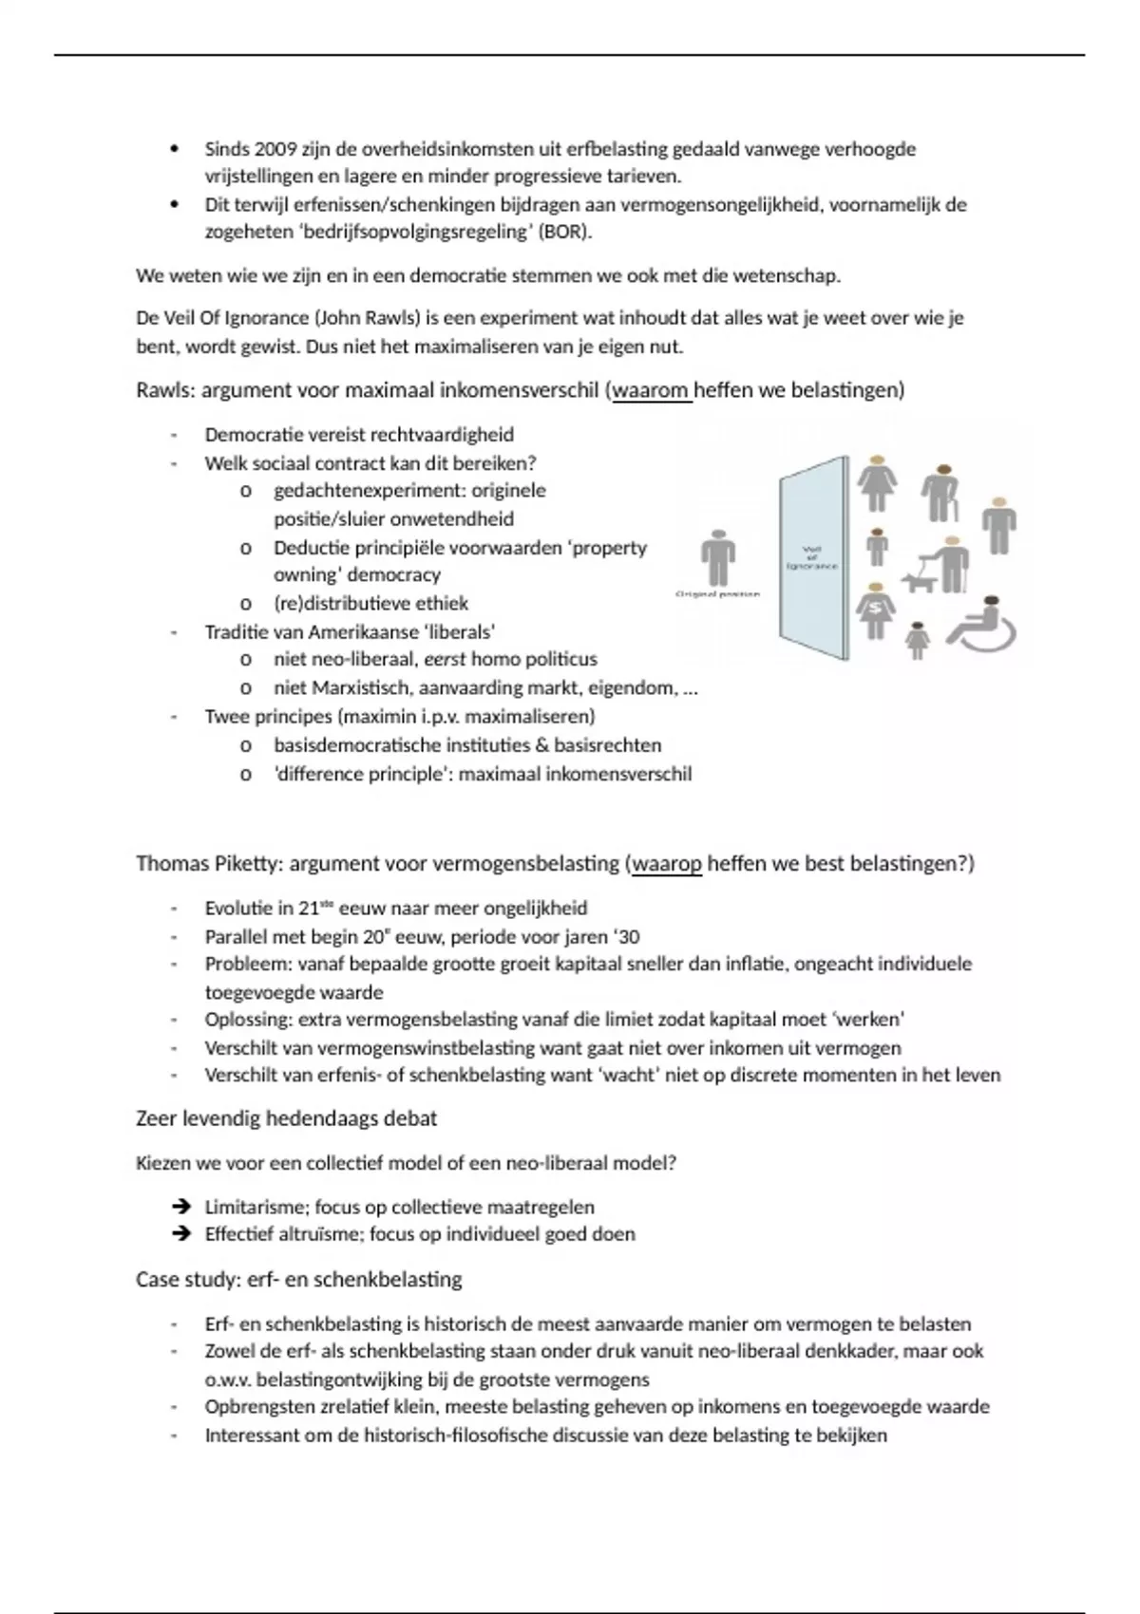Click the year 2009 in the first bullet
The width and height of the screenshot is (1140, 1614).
(x=275, y=149)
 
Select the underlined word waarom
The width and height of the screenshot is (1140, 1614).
(x=652, y=390)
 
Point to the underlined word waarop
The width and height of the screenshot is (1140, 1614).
(x=666, y=864)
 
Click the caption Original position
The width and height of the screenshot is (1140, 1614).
(x=718, y=594)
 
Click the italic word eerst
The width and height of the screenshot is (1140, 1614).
(x=445, y=659)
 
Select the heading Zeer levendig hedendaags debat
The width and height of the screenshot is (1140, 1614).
(x=286, y=1118)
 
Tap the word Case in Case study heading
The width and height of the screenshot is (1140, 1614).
(x=158, y=1280)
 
